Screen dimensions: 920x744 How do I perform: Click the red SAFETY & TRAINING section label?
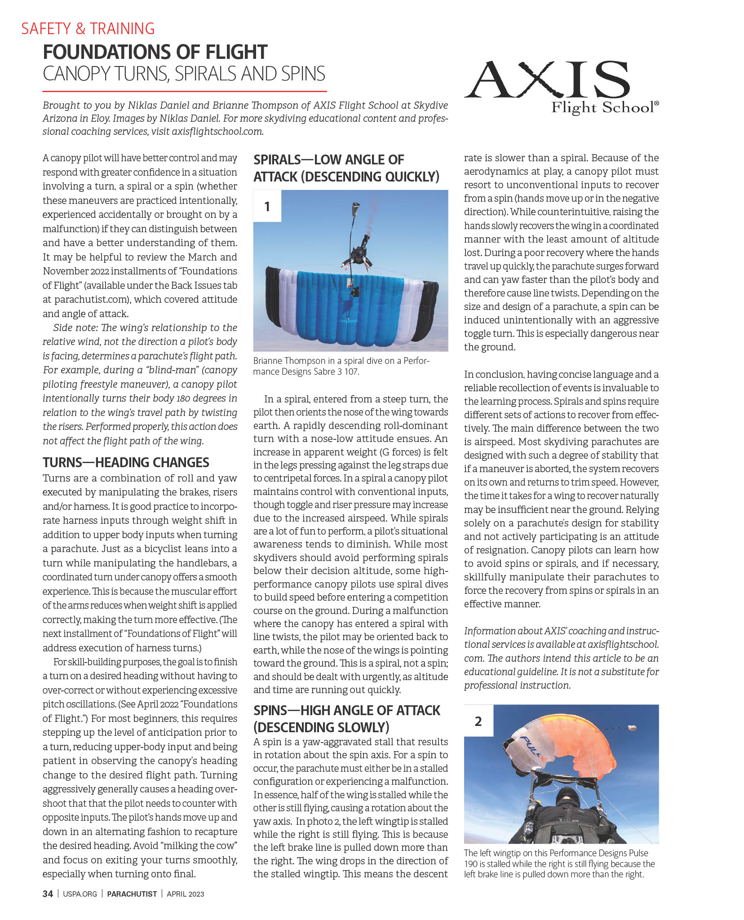click(x=88, y=29)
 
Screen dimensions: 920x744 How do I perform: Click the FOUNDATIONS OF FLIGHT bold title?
click(x=155, y=52)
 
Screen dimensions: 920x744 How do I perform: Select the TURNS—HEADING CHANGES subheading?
click(x=126, y=462)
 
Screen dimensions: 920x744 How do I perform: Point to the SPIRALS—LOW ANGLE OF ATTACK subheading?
click(x=346, y=168)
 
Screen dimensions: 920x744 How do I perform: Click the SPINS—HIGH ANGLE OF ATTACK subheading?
click(x=346, y=718)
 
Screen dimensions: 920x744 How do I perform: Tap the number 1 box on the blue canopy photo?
click(x=267, y=206)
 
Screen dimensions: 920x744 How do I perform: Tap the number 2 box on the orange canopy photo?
click(x=478, y=721)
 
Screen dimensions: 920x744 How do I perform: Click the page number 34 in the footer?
click(x=48, y=893)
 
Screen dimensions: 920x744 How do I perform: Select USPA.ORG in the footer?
click(x=80, y=894)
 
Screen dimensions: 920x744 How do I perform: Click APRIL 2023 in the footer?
click(x=185, y=894)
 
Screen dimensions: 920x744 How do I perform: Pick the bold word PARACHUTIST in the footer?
click(x=132, y=894)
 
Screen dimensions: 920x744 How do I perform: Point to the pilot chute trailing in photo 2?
click(x=632, y=728)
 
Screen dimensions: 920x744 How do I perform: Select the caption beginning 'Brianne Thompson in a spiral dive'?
click(x=341, y=366)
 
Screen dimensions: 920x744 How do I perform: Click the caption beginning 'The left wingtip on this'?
click(x=559, y=863)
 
